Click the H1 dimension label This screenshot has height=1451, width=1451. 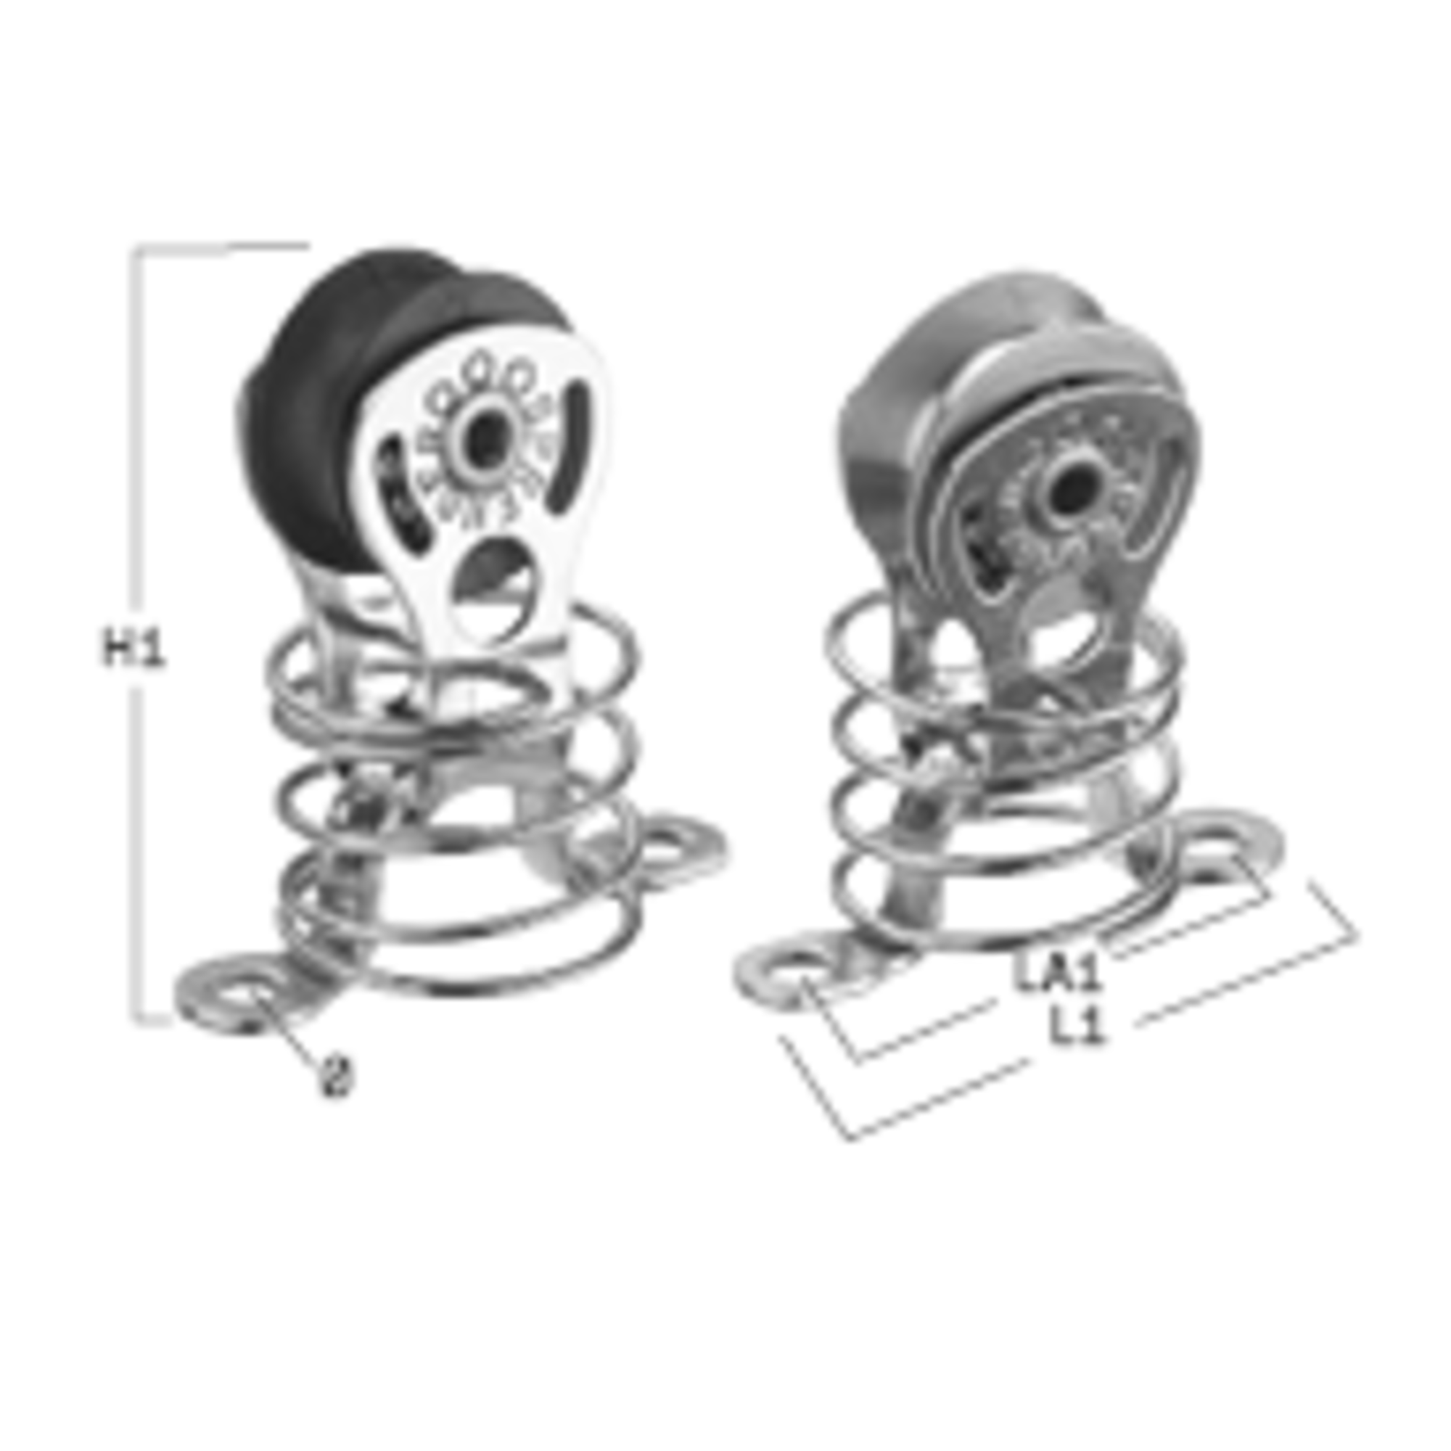133,648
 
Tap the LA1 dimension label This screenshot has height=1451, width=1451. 1057,972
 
